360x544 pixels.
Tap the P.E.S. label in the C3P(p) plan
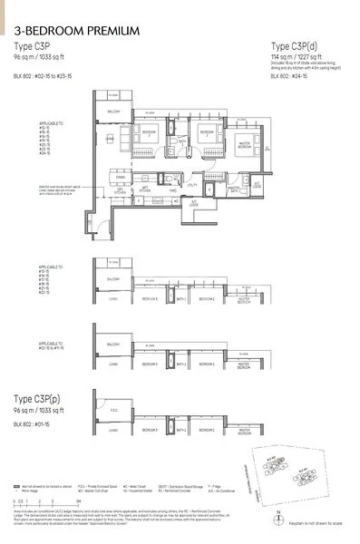click(x=113, y=434)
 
